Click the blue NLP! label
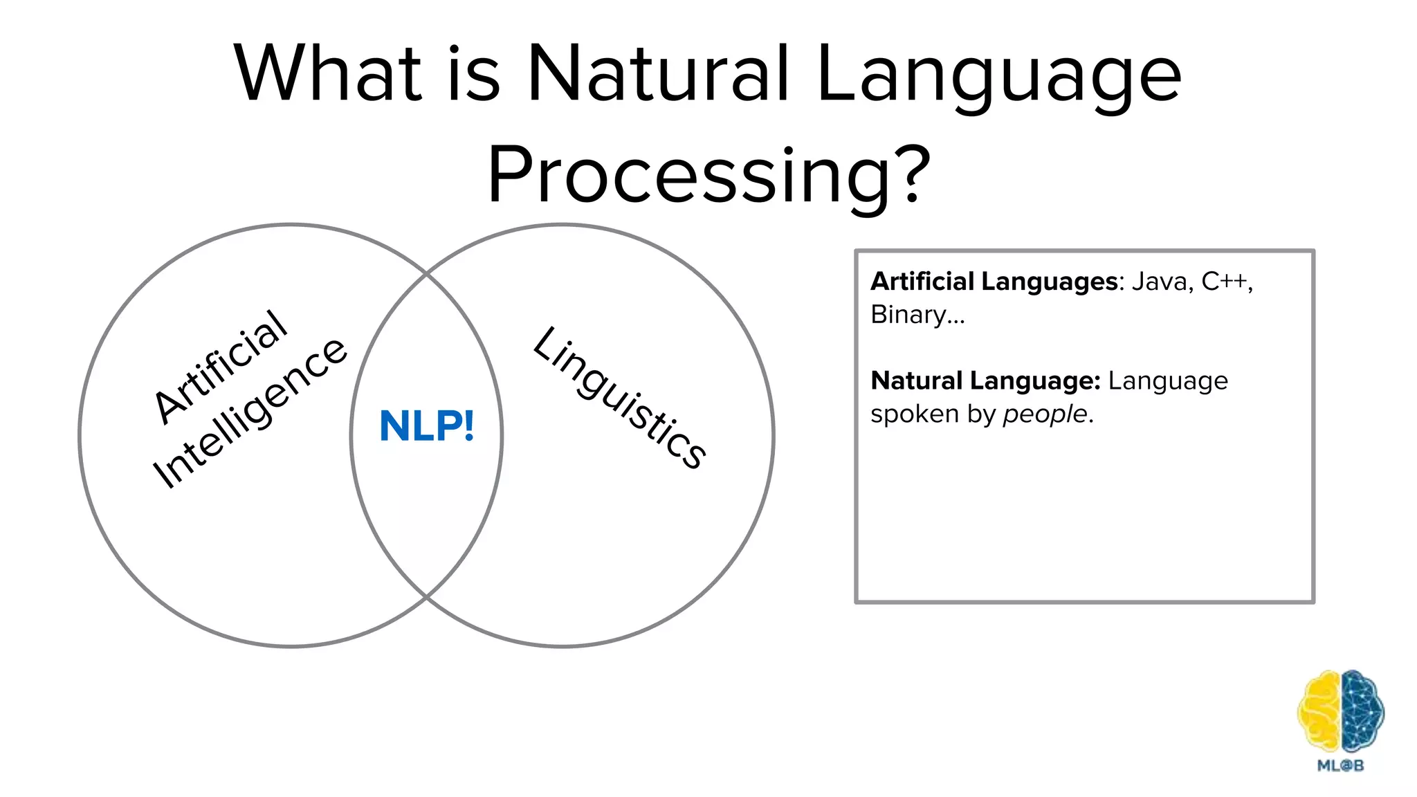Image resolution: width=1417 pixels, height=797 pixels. tap(427, 426)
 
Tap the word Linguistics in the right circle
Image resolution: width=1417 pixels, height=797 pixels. tap(620, 397)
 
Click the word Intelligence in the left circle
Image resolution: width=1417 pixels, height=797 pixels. tap(250, 414)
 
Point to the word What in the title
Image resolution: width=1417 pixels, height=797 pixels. tap(327, 73)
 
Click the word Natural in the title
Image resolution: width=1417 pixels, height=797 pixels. tap(658, 73)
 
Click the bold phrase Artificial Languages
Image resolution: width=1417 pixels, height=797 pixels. tap(994, 282)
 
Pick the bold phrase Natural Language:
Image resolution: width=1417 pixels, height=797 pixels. tap(985, 381)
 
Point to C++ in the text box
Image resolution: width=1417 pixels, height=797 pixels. tap(1225, 282)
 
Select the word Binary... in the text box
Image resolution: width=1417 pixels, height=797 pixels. tap(917, 315)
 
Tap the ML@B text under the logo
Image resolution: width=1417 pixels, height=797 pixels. tap(1340, 765)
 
